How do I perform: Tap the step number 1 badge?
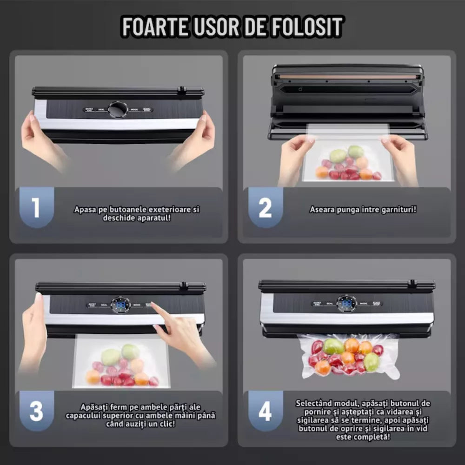click(x=36, y=208)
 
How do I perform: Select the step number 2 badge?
click(x=265, y=208)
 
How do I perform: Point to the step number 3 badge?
click(x=36, y=412)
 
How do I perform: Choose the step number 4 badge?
click(x=265, y=412)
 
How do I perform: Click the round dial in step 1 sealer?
click(x=117, y=110)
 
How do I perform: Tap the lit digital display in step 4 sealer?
click(x=346, y=304)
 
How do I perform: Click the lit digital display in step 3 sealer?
click(x=120, y=305)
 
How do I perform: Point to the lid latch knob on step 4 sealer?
click(x=412, y=283)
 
